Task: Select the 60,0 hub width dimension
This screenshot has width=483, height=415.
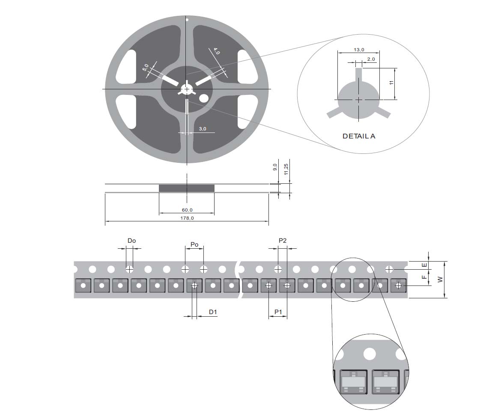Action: click(187, 210)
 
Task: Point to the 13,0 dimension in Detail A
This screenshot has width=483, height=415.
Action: click(358, 50)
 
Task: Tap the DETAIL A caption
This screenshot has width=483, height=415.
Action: click(359, 136)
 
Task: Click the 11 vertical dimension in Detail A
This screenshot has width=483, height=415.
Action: click(391, 83)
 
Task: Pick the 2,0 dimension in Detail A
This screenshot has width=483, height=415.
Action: click(371, 59)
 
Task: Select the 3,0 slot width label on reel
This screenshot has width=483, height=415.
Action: click(203, 129)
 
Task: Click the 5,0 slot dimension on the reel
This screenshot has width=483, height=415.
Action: click(146, 68)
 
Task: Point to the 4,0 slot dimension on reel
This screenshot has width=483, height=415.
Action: click(216, 52)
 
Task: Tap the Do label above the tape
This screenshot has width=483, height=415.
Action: click(131, 241)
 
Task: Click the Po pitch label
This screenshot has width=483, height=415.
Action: click(194, 244)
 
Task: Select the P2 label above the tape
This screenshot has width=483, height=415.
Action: click(282, 241)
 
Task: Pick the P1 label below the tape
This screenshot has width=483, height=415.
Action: click(277, 312)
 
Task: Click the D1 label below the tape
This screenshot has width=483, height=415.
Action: click(213, 312)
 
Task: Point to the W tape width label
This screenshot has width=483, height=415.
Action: click(440, 279)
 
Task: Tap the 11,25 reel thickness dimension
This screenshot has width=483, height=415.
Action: click(286, 167)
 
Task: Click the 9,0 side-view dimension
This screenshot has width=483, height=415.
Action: click(275, 167)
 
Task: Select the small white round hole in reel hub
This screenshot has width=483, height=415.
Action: click(203, 98)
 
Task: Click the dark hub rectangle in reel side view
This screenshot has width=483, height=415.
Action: click(186, 188)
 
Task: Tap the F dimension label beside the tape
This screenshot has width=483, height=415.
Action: click(424, 277)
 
